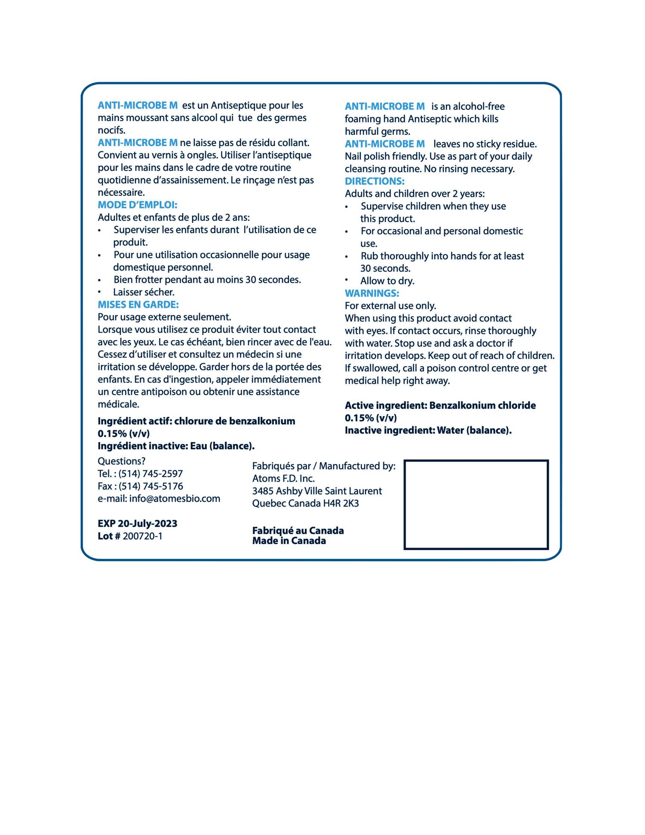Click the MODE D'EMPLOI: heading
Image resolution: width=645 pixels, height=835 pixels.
coord(137,205)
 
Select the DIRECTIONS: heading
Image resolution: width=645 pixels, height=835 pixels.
coord(375,182)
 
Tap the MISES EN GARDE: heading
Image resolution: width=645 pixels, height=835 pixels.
coord(138,305)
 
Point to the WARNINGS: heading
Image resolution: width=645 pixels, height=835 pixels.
coord(372,293)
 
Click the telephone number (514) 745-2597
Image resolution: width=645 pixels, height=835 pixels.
coord(150,474)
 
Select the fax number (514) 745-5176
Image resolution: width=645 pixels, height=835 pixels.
coord(151,487)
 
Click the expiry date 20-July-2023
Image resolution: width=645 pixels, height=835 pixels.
coord(147,524)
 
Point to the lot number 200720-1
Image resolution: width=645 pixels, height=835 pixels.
coord(143,536)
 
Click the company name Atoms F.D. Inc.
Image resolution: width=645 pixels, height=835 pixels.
coord(283,479)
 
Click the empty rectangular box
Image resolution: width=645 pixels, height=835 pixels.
coord(476,505)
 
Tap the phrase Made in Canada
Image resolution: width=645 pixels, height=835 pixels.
coord(289,541)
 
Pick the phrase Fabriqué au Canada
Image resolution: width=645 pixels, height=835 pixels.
coord(298,531)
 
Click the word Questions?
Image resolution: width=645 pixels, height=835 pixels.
coord(122,462)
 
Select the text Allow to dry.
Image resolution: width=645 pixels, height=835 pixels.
coord(387,281)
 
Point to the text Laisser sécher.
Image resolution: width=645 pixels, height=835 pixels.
coord(144,293)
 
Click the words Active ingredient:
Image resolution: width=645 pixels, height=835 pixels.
coord(386,406)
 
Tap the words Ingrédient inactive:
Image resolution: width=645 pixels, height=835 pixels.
coord(143,446)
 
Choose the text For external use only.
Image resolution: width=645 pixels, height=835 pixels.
coord(390,306)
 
